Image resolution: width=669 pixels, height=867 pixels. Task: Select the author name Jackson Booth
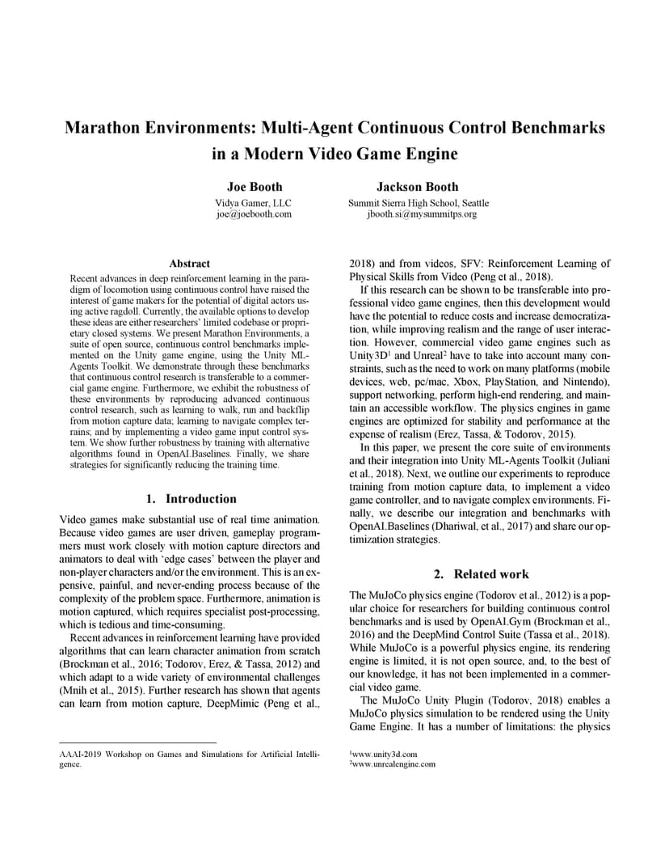[418, 187]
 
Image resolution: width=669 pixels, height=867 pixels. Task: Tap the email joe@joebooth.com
[253, 214]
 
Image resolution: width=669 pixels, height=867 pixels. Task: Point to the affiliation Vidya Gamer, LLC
[253, 202]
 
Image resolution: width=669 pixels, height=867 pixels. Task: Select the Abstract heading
[190, 264]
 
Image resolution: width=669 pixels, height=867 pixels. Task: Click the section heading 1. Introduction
[191, 499]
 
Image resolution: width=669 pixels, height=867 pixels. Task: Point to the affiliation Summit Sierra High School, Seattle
[418, 202]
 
